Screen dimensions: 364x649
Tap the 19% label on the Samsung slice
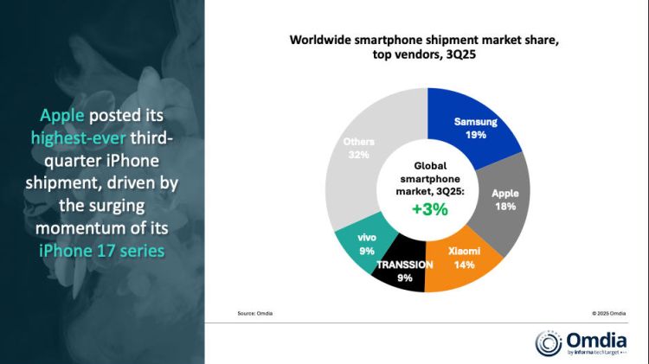click(475, 135)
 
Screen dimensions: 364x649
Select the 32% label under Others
click(358, 155)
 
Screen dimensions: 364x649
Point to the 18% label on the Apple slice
click(504, 208)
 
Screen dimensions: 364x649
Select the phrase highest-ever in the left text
click(77, 137)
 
